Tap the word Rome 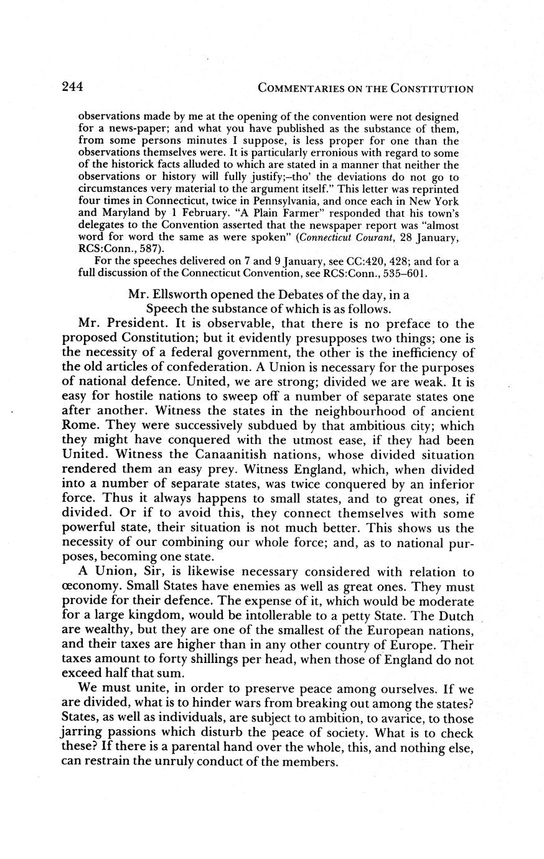tap(81, 426)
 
